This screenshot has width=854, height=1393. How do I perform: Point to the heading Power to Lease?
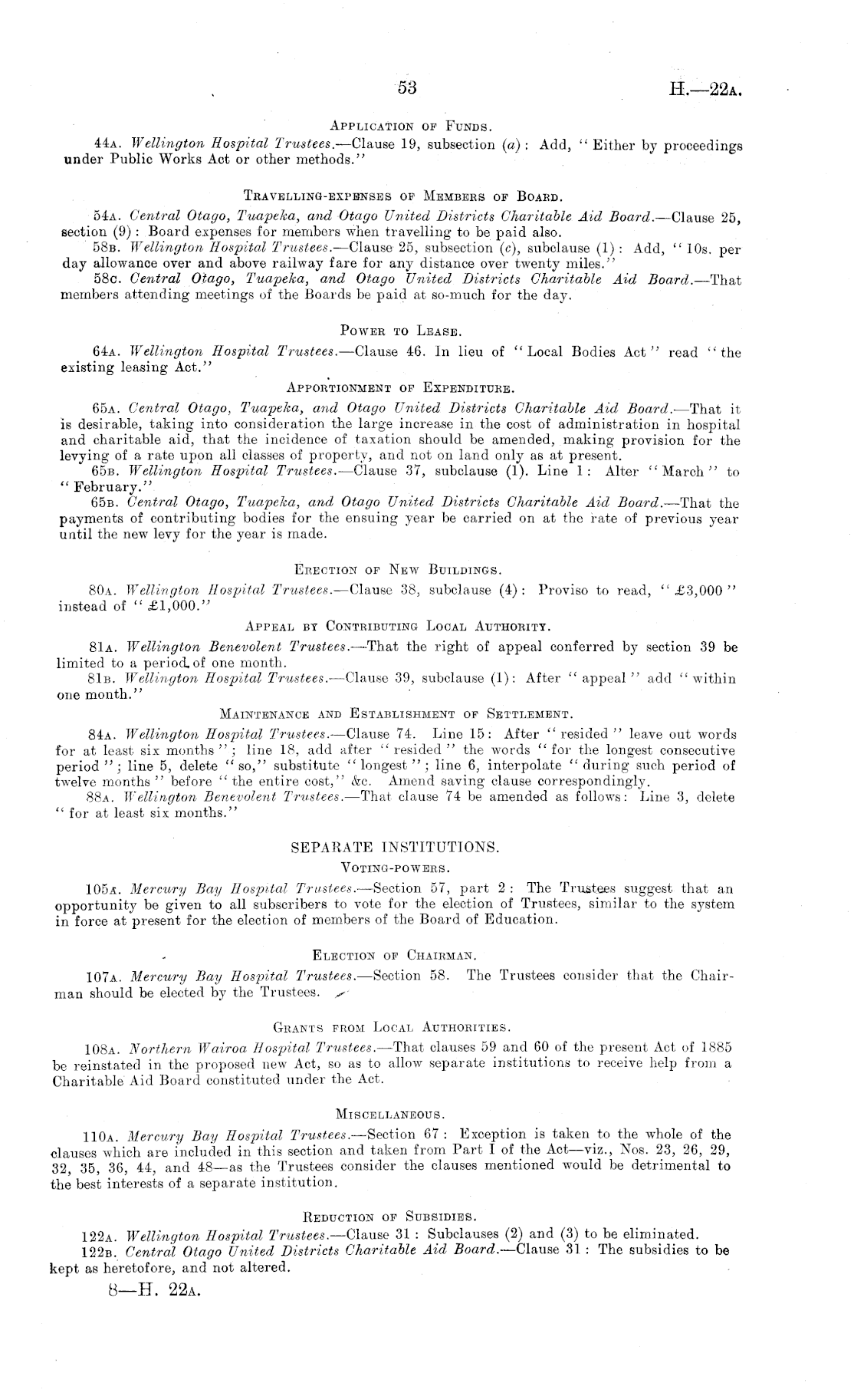(x=400, y=331)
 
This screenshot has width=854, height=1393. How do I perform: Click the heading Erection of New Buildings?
(x=399, y=570)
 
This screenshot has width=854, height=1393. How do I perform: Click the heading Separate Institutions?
(x=396, y=848)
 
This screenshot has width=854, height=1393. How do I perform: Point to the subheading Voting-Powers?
(x=395, y=868)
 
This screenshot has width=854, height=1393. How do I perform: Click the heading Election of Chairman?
(x=395, y=956)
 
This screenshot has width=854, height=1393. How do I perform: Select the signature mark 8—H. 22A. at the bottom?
(x=155, y=1290)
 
